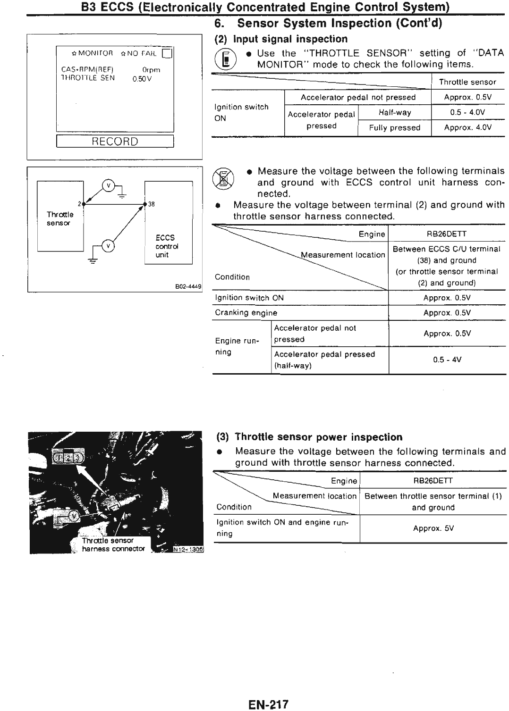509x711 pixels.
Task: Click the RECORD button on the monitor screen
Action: [x=115, y=142]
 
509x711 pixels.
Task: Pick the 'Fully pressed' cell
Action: [x=395, y=128]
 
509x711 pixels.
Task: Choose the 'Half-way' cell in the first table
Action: [x=395, y=113]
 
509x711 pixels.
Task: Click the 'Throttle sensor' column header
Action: [x=467, y=82]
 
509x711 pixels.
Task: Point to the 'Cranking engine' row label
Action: [x=246, y=313]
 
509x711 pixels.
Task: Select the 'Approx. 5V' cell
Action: [x=433, y=528]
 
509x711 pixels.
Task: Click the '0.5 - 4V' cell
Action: [x=447, y=360]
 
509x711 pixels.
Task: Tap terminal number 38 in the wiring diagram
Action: [x=152, y=204]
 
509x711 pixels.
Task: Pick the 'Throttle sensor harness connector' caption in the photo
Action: [x=112, y=545]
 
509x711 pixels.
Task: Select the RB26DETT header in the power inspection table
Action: [x=433, y=481]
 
